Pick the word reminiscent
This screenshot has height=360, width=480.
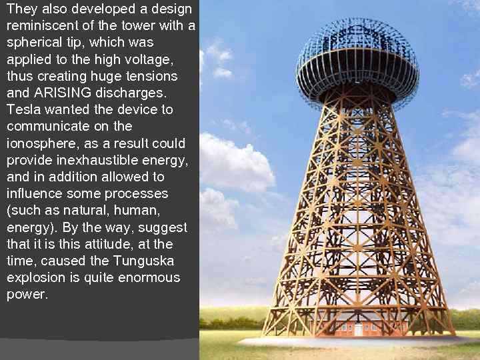[39, 25]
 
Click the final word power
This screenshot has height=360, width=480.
[27, 294]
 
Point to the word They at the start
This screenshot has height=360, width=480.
[22, 9]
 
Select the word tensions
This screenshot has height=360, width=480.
[142, 76]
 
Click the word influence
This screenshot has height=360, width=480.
[34, 194]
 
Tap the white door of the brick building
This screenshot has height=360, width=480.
[359, 329]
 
